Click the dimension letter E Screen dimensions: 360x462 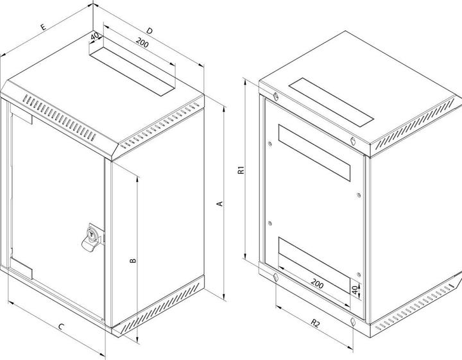coord(42,28)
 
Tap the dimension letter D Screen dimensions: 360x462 coord(149,30)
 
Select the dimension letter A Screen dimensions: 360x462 coord(219,203)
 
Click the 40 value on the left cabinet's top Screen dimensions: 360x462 coord(95,37)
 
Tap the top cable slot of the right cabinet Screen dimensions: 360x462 coord(332,101)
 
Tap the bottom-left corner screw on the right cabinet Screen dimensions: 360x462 coord(275,277)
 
